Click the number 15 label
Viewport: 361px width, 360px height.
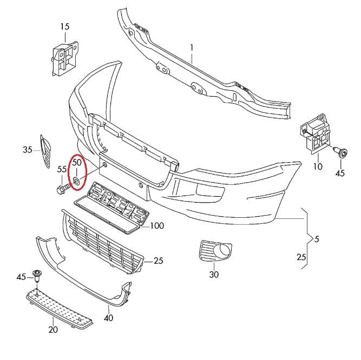click(65, 26)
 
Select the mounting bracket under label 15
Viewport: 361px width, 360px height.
click(64, 58)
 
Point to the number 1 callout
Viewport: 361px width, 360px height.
click(192, 48)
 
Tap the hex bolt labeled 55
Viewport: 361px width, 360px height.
click(62, 188)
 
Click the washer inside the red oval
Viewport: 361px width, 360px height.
click(76, 181)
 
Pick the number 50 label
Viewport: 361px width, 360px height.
click(77, 163)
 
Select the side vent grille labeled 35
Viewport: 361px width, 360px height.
click(45, 151)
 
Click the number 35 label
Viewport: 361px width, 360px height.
click(28, 150)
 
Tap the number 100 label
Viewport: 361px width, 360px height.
click(157, 226)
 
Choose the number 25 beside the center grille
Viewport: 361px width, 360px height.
click(159, 261)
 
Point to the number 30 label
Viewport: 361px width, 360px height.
click(214, 275)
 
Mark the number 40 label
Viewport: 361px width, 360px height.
click(109, 318)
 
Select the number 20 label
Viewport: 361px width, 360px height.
click(53, 330)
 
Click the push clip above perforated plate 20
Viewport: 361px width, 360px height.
click(37, 276)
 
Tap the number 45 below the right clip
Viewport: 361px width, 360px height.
click(340, 173)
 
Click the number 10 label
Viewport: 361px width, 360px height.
click(318, 166)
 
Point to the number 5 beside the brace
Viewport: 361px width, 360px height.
click(317, 239)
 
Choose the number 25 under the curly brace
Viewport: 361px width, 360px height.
click(301, 257)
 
